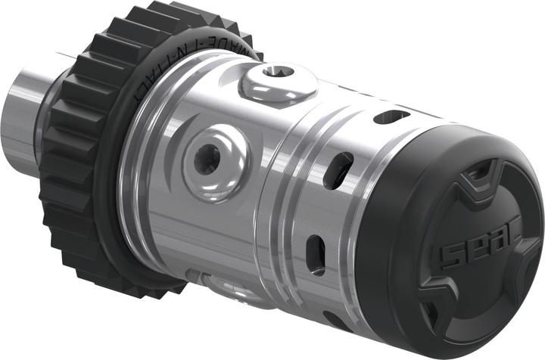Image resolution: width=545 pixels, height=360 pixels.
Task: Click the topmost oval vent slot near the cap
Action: (x=391, y=116)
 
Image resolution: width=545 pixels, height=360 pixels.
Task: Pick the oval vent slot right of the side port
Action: (x=338, y=171)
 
